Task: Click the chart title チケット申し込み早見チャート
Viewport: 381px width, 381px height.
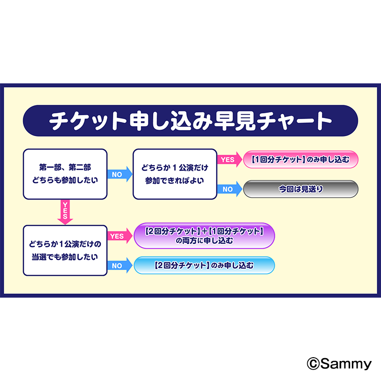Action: point(190,121)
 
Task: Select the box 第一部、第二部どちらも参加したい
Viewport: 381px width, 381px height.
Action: point(65,174)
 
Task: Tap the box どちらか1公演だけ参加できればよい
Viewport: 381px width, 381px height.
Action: point(174,174)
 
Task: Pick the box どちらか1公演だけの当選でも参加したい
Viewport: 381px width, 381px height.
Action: point(65,251)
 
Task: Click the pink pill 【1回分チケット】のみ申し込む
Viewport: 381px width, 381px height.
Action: point(301,160)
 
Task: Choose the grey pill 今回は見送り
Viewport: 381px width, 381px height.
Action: point(301,189)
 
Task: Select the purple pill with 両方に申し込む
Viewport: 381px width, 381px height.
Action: point(204,236)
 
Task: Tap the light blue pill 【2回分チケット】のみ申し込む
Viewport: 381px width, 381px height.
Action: point(204,265)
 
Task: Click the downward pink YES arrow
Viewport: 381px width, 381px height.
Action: point(65,212)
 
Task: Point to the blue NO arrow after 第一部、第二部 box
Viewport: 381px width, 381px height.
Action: point(120,174)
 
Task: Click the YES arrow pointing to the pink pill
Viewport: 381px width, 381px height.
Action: point(230,160)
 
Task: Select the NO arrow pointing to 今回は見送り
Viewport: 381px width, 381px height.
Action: point(230,189)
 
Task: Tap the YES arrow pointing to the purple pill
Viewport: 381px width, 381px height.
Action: point(120,236)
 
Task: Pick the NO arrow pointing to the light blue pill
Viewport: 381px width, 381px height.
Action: point(120,266)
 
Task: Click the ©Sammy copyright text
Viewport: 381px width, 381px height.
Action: point(339,364)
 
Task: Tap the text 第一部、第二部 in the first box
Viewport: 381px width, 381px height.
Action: point(65,168)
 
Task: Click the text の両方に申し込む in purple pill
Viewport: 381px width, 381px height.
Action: point(204,241)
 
